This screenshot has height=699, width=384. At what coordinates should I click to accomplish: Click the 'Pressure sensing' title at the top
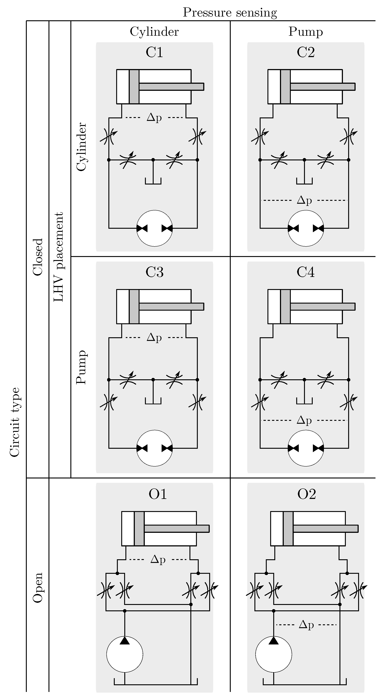click(230, 13)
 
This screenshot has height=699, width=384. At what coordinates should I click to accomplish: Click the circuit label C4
click(305, 272)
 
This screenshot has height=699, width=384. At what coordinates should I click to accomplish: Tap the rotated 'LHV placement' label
click(58, 256)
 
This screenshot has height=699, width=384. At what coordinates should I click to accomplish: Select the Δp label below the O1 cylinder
click(158, 559)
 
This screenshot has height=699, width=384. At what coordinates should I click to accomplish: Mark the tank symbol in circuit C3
click(153, 401)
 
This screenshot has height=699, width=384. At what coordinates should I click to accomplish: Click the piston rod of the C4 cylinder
click(322, 306)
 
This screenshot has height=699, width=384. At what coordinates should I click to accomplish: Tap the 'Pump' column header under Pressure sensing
click(305, 32)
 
